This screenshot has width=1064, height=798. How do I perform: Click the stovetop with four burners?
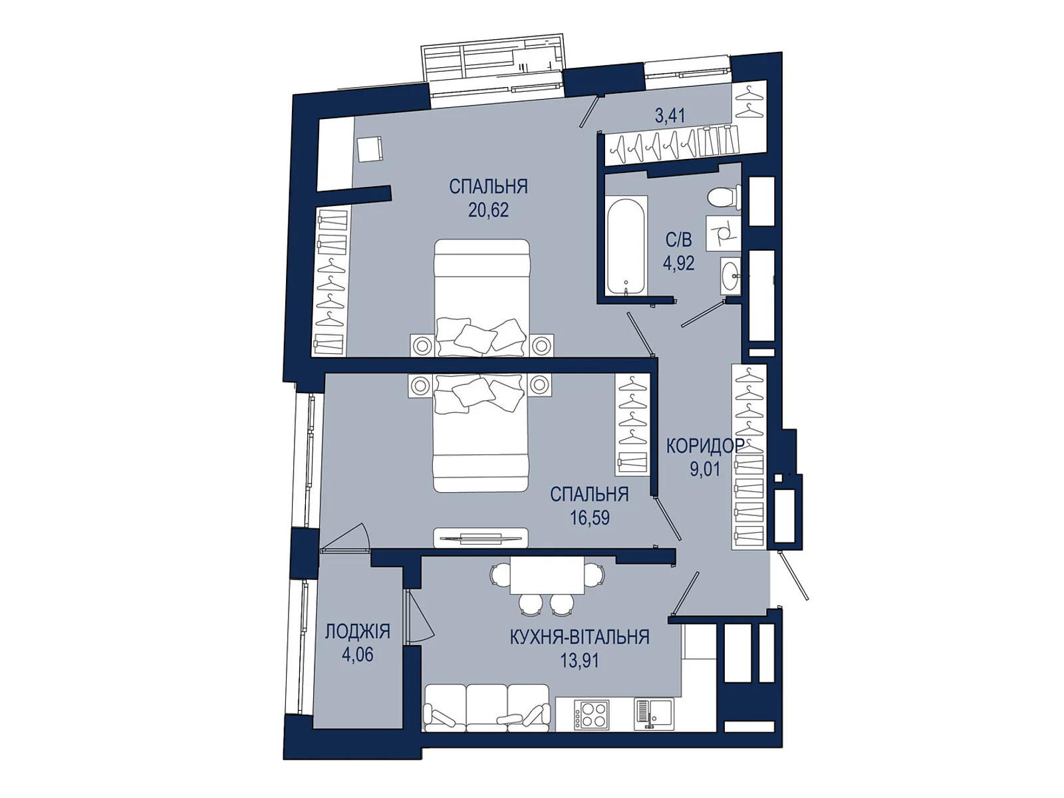(591, 715)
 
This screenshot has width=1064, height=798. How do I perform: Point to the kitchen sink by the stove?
(654, 714)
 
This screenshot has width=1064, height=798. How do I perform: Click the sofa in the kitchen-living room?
(487, 708)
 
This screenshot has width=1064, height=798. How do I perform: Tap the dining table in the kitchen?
(547, 575)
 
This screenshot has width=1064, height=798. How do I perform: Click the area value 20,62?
(488, 210)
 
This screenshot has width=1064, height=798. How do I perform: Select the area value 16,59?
(589, 518)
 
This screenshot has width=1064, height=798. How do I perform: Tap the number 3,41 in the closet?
(670, 115)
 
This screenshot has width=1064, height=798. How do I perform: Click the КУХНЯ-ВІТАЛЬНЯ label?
(579, 636)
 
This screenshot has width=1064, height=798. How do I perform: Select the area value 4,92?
(679, 263)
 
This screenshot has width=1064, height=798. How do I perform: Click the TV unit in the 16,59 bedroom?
(480, 537)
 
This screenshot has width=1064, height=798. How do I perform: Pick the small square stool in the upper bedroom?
(370, 149)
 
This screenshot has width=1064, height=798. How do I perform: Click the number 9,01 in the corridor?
(706, 469)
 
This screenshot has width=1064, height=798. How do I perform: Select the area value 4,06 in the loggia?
(357, 655)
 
